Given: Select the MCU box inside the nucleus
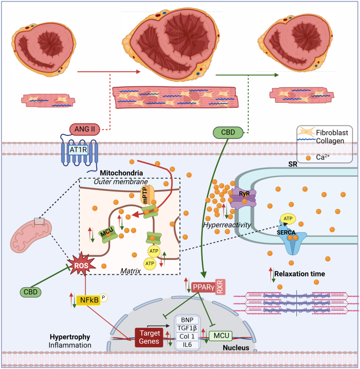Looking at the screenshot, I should coord(224,334).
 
